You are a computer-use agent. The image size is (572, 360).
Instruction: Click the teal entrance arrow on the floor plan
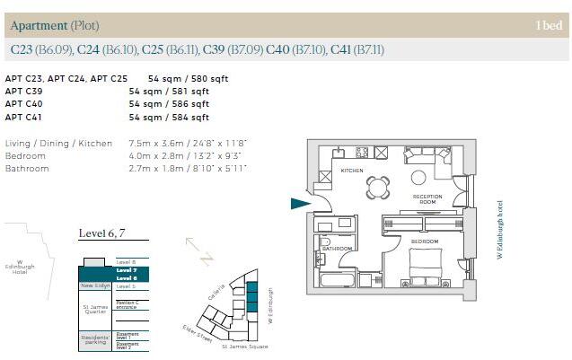[x=299, y=204]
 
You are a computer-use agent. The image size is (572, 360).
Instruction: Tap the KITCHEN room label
[x=349, y=171]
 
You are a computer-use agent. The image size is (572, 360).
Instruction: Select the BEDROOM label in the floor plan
[x=425, y=241]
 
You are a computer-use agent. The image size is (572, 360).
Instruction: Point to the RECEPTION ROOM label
[x=428, y=199]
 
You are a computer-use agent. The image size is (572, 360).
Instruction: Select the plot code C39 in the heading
[x=214, y=48]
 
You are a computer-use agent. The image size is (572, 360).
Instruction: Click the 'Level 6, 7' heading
[x=101, y=233]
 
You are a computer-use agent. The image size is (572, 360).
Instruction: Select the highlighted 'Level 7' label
[x=127, y=270]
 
